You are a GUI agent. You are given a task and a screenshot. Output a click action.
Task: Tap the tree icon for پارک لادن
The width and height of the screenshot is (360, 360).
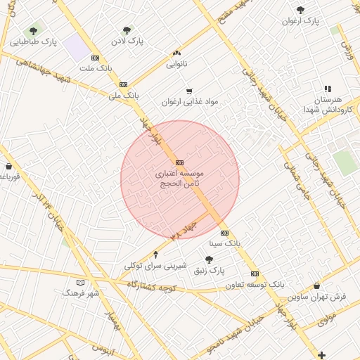coord(127,30)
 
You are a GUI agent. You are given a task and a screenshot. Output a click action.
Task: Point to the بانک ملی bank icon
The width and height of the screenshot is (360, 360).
coord(123,84)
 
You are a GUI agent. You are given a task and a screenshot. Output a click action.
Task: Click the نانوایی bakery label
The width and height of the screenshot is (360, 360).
coord(176,64)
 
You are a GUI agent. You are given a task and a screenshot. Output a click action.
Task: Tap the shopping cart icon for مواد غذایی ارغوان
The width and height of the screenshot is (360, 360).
coord(188,91)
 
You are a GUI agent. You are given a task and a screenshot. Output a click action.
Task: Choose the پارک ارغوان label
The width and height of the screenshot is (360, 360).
coord(301,21)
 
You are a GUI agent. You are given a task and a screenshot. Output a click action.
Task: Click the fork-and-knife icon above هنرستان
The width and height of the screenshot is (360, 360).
coord(328,89)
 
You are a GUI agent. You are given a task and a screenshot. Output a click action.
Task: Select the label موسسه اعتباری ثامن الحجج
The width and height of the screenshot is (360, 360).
coord(180,177)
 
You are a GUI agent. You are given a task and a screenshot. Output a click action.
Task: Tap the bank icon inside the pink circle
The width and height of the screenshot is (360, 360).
coord(180,162)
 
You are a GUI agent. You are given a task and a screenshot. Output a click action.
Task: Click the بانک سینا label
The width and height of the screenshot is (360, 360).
coord(225,243)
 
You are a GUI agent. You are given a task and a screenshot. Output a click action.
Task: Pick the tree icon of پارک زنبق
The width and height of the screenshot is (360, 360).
coord(209,259)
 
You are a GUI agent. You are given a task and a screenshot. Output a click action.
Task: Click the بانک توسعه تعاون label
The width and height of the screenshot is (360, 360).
coord(255,285)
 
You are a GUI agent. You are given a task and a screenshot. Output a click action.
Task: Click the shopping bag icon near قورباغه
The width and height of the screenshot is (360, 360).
coord(8,167)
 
